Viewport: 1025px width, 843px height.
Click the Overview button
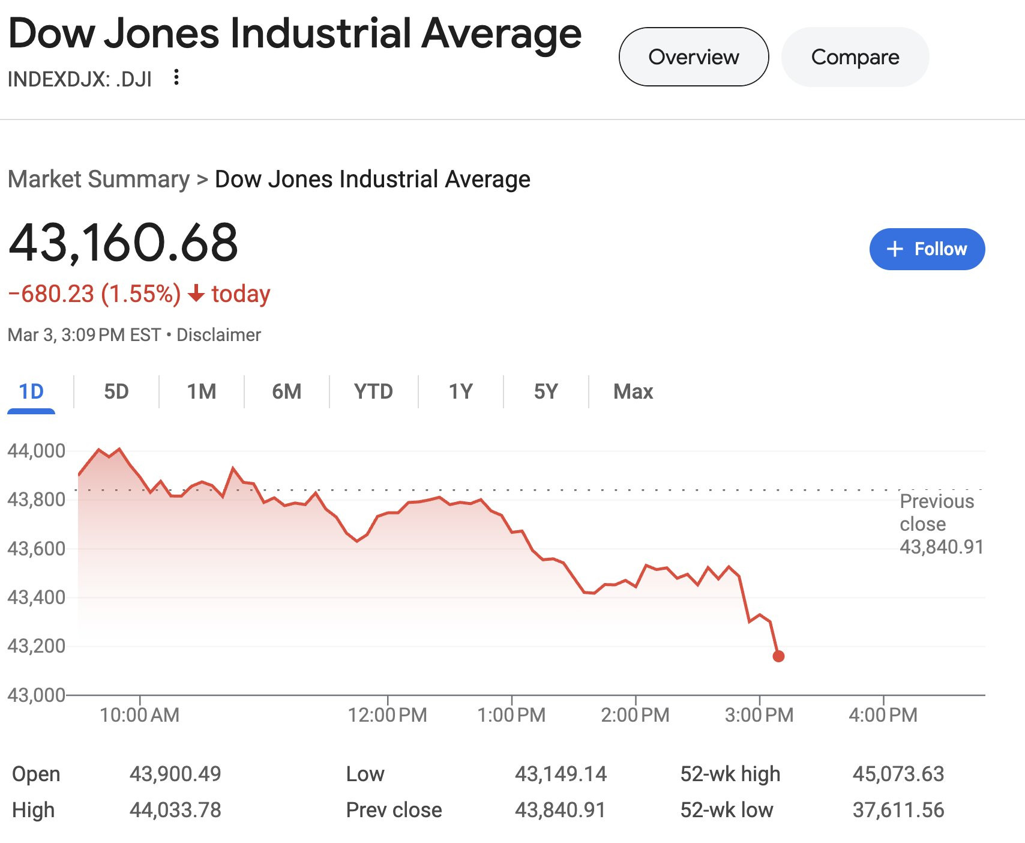[693, 57]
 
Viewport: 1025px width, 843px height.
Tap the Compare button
[855, 57]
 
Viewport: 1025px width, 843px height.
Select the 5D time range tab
[116, 391]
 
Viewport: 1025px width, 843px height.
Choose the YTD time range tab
[373, 391]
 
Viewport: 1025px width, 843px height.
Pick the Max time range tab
[633, 391]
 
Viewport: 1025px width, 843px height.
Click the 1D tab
[31, 391]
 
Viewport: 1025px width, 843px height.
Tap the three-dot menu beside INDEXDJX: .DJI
[176, 77]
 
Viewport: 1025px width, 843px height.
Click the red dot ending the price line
[778, 656]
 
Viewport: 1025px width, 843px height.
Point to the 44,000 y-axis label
[36, 450]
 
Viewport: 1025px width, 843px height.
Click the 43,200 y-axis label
[36, 646]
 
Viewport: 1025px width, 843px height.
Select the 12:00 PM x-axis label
[388, 715]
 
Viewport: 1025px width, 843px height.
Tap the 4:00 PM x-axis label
[883, 715]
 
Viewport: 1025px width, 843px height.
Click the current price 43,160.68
[124, 243]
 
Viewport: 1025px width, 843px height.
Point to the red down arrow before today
[196, 294]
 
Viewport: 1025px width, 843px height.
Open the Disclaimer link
[218, 335]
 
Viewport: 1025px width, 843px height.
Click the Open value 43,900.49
[175, 774]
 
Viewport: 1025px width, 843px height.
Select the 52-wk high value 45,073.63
[898, 774]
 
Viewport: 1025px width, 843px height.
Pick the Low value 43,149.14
[561, 774]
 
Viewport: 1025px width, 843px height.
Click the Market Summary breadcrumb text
[98, 180]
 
